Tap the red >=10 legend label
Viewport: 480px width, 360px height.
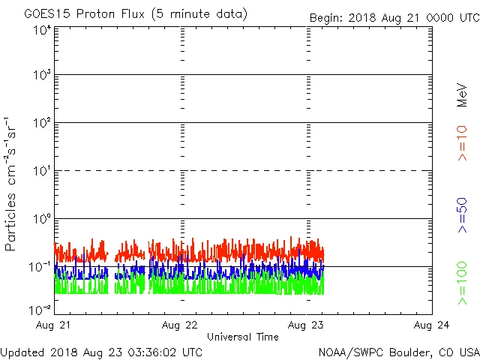[462, 143]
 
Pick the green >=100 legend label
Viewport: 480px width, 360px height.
[462, 283]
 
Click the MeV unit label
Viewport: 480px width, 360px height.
[462, 95]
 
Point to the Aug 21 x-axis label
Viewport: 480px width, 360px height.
[54, 325]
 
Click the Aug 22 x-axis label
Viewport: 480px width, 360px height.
[180, 325]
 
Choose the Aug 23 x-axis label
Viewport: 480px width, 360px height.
[306, 325]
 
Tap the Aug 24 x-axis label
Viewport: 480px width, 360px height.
[432, 325]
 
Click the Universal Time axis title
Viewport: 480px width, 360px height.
[243, 337]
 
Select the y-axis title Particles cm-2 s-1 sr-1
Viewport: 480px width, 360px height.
[10, 183]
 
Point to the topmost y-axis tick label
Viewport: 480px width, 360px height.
[42, 29]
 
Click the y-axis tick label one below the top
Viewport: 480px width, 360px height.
[42, 75]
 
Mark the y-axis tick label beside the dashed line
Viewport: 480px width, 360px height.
[42, 171]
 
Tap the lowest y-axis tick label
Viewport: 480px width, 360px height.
[41, 309]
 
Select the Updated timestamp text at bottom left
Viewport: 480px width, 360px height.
[101, 351]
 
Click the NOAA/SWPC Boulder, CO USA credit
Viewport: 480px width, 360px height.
[398, 351]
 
